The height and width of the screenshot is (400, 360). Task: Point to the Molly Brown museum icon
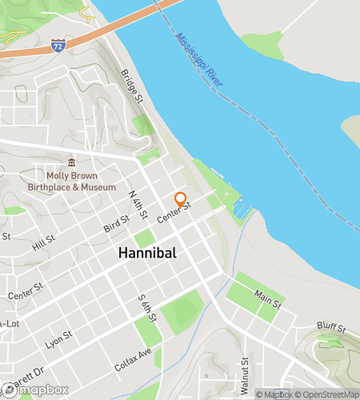tap(71, 162)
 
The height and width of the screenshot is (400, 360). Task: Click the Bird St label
tap(117, 222)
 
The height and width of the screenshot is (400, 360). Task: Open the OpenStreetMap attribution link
tap(326, 394)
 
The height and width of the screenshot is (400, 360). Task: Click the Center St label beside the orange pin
tap(174, 213)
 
